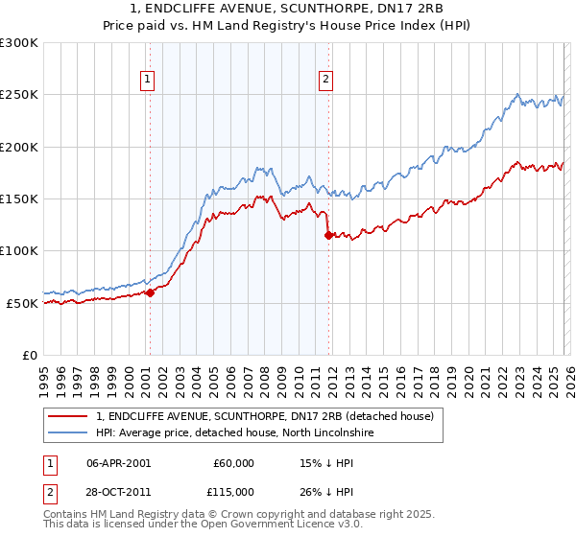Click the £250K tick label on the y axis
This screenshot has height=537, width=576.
18,95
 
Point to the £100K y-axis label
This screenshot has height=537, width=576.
18,250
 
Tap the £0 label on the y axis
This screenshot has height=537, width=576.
30,355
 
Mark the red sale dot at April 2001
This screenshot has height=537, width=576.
150,292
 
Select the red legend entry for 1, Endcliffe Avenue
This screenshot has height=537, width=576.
265,416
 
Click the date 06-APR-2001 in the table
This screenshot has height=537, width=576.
118,463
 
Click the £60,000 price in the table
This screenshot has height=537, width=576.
234,463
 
